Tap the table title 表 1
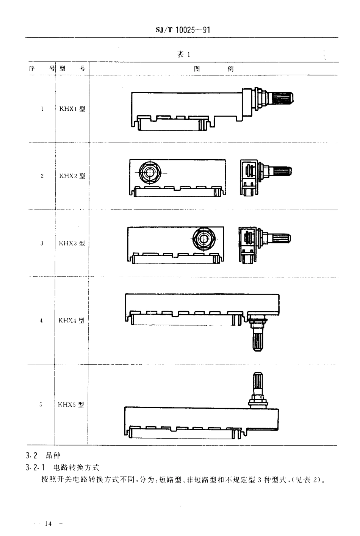point(183,55)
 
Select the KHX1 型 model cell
point(72,109)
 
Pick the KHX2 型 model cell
point(72,176)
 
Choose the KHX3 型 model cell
point(72,243)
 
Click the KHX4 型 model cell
point(71,320)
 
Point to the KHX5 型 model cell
point(71,404)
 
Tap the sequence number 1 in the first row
point(42,109)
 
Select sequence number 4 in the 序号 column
point(41,321)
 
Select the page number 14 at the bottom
point(48,524)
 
